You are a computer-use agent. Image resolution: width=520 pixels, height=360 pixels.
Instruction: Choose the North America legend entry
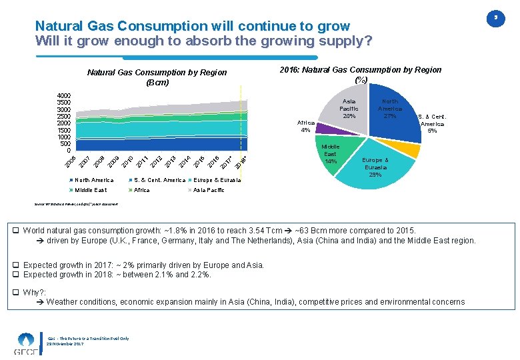[94, 180]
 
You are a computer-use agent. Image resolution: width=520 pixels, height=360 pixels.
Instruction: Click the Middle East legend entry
[91, 190]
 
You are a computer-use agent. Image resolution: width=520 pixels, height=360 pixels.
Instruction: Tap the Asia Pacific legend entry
[208, 190]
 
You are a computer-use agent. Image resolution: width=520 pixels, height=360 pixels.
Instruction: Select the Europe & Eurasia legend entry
[217, 180]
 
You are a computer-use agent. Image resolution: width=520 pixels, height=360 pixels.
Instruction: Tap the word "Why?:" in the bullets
[35, 292]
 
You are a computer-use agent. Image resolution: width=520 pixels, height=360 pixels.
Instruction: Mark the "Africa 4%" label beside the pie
[305, 126]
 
